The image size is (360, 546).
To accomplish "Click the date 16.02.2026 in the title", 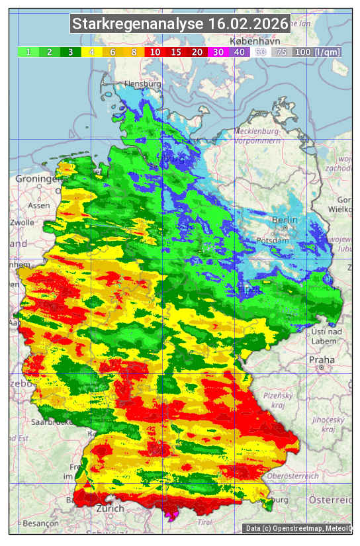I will point(248,24).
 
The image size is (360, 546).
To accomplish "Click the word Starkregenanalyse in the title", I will point(138,24).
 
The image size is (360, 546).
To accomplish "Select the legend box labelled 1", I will point(28,52).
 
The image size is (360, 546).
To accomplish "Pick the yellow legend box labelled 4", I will point(92,52).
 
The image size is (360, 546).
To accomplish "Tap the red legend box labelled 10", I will point(155,52).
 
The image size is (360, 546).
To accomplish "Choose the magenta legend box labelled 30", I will point(218,52).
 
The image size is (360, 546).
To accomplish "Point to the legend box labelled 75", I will point(281,52).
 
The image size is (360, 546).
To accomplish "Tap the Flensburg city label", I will point(143,85).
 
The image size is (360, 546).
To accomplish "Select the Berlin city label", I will point(285,220).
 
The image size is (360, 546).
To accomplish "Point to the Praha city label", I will point(322,359).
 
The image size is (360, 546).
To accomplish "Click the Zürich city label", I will point(110,508).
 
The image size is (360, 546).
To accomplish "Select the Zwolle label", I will point(22,222).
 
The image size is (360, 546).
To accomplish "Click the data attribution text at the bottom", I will point(298,528).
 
